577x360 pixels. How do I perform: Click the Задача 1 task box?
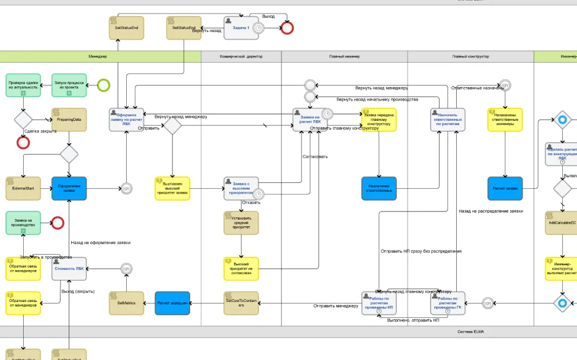pos(241,28)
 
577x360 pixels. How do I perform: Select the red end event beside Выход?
pos(287,28)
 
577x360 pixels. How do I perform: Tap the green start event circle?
pos(104,85)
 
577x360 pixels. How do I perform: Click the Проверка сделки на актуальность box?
pos(24,85)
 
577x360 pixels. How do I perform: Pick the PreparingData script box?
pos(69,120)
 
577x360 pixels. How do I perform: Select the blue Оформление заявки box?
pos(69,188)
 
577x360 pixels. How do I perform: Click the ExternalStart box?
pos(24,188)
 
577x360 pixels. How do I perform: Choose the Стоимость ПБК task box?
pos(69,268)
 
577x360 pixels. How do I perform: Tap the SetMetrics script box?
pos(126,303)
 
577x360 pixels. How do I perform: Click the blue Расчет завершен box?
pos(172,303)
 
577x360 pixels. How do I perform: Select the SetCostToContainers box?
pos(241,303)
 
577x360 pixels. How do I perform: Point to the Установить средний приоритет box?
pos(241,223)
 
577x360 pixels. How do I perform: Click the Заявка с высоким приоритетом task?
pos(241,188)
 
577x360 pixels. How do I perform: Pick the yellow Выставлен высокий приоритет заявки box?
pos(172,188)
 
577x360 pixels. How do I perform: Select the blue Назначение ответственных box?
pos(379,188)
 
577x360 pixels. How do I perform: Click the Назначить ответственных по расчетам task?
pos(448,120)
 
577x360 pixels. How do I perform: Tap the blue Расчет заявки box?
pos(505,188)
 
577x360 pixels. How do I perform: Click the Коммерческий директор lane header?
pos(241,57)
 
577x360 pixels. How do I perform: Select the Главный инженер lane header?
pos(344,57)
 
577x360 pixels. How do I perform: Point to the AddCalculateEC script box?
pos(561,223)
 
